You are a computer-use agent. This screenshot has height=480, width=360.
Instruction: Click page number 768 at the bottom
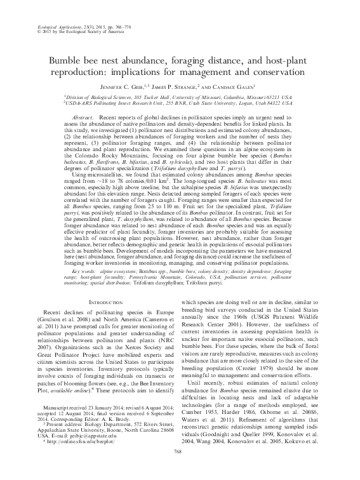180,468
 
